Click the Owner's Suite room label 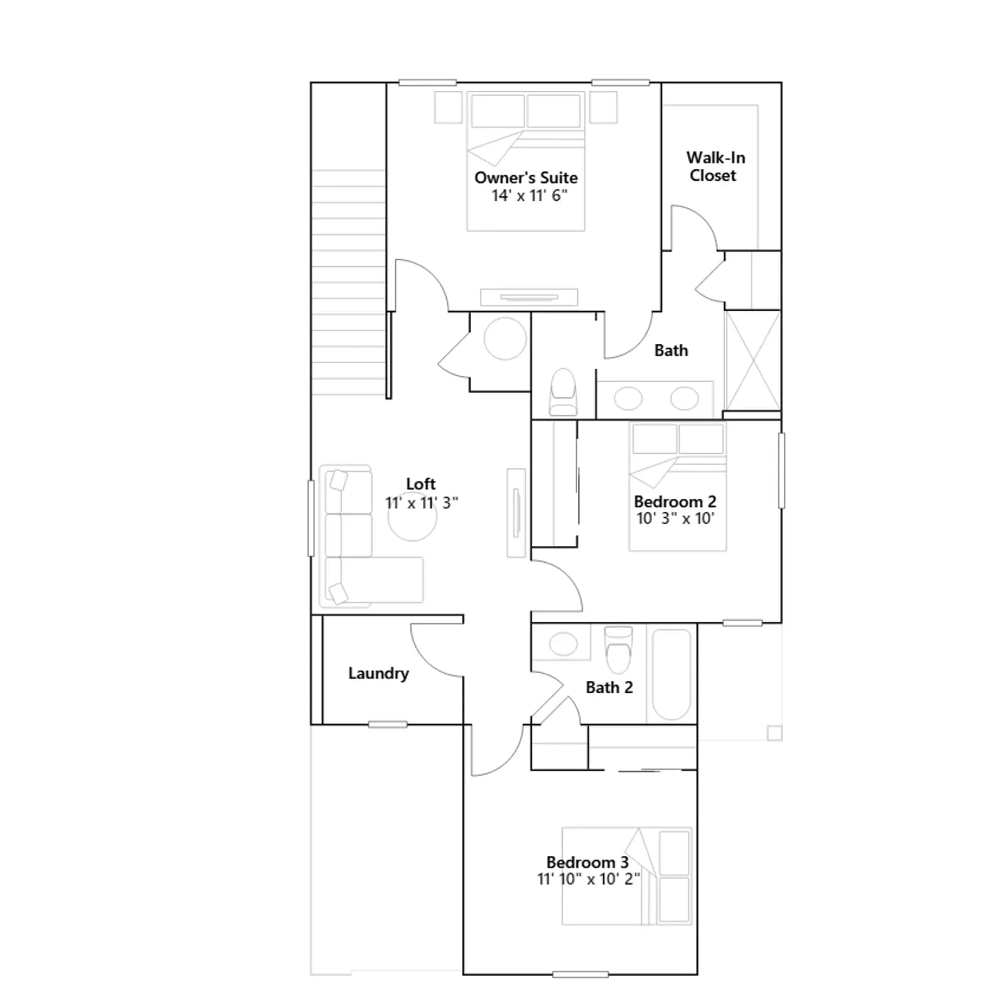(526, 178)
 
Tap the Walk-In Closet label (715, 166)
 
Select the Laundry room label (378, 673)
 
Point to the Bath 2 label (609, 687)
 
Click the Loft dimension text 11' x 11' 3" (421, 503)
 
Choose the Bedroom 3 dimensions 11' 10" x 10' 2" (589, 879)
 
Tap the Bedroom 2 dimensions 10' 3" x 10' (675, 518)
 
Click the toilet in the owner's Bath (563, 392)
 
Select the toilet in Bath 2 (619, 649)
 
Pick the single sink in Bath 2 (563, 644)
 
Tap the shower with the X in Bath (752, 361)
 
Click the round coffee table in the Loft (412, 517)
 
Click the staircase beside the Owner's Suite (348, 282)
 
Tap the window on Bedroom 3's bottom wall (580, 975)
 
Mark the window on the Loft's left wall (311, 518)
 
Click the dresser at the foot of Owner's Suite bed (529, 297)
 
